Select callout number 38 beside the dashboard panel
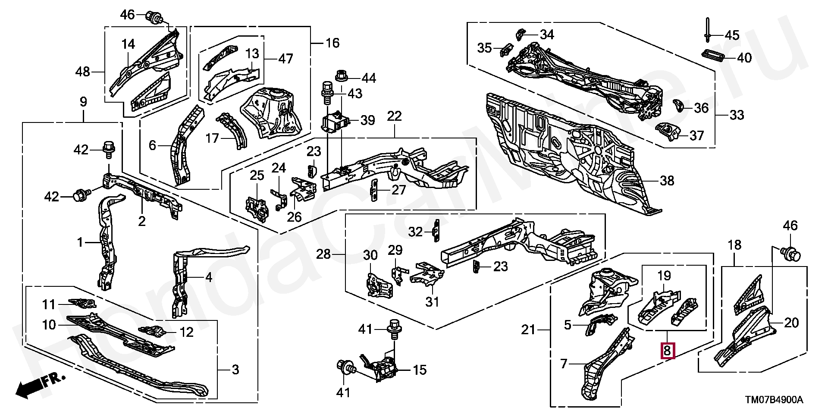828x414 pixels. pos(667,180)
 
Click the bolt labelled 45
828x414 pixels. pos(708,30)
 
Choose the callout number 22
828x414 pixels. pos(394,116)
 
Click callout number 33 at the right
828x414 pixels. pos(737,115)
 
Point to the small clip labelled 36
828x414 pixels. pos(678,106)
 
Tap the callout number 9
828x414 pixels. pos(83,102)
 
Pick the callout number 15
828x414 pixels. pos(420,370)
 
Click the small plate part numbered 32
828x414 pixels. pos(436,232)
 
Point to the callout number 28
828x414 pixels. pos(323,254)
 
